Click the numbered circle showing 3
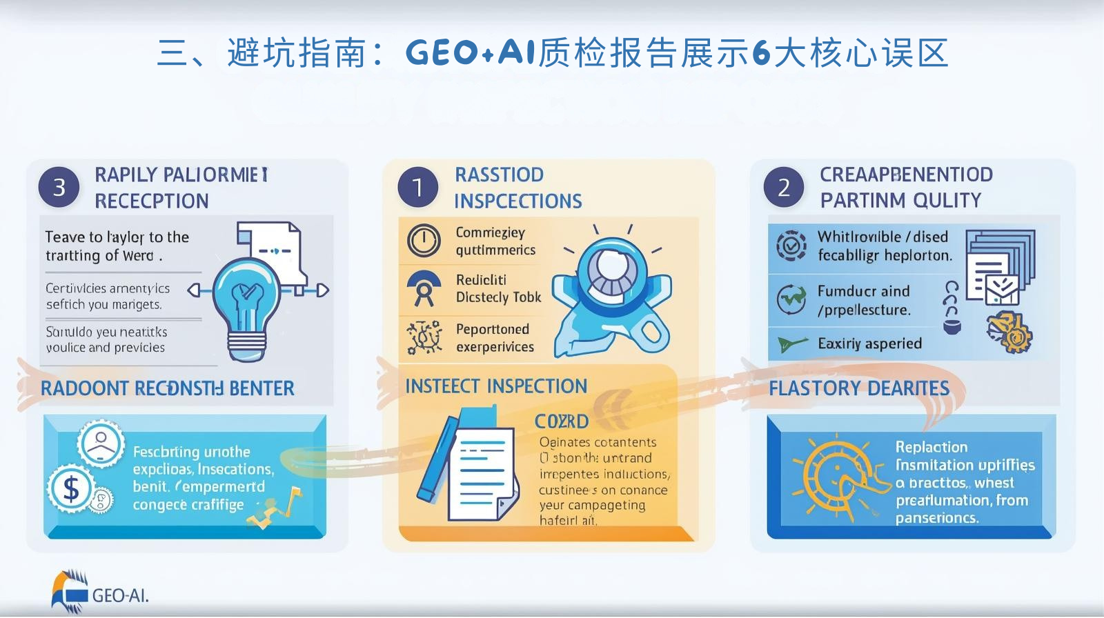(59, 187)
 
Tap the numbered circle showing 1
(417, 187)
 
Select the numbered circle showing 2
(784, 187)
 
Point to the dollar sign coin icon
(71, 489)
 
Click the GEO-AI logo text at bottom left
(120, 595)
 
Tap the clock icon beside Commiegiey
(424, 241)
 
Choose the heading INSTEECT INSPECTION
(496, 386)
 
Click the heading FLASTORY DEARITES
(859, 388)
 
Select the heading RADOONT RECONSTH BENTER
(168, 388)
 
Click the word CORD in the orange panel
(562, 421)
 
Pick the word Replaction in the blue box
(931, 447)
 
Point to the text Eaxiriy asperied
(869, 343)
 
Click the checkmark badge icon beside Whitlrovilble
(791, 246)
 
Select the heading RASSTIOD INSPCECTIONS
(517, 188)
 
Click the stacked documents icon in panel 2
(999, 266)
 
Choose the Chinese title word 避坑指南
(296, 53)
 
